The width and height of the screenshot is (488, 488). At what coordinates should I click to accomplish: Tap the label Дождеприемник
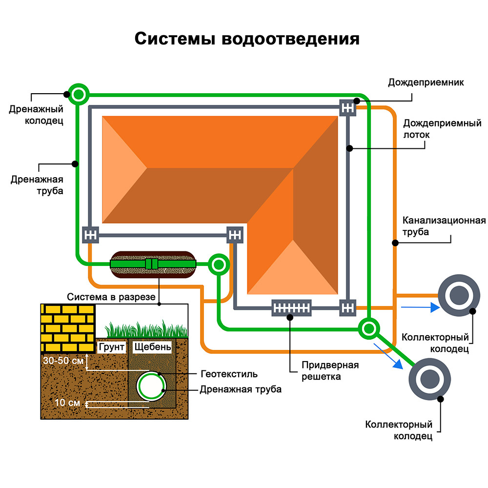click(x=426, y=82)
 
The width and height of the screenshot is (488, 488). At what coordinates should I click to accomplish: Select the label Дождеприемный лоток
click(x=442, y=128)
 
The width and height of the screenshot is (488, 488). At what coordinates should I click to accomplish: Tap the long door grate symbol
click(x=291, y=307)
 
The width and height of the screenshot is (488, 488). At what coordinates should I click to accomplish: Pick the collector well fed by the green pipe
click(x=429, y=379)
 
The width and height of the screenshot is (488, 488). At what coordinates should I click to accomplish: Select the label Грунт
click(x=112, y=347)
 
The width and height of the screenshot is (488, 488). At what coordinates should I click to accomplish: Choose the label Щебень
click(x=152, y=347)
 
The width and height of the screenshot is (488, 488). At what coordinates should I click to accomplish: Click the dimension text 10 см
click(x=67, y=403)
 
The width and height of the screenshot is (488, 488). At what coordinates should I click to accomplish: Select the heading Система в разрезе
click(x=111, y=297)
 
